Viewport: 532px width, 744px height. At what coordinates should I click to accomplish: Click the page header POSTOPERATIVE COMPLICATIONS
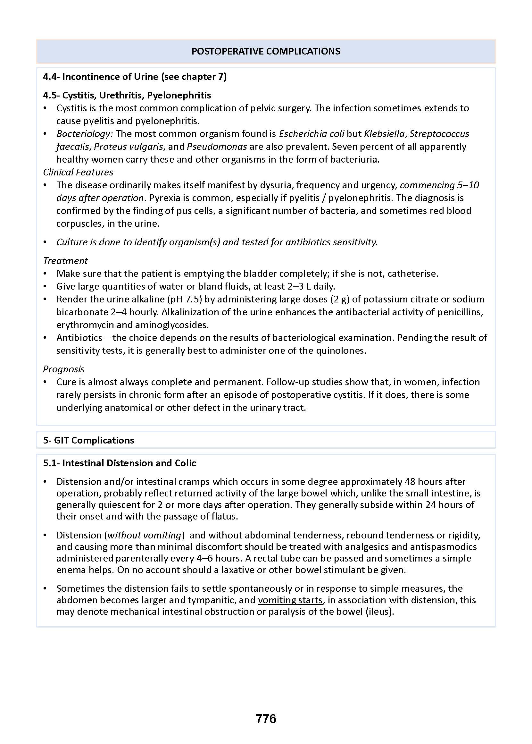click(266, 51)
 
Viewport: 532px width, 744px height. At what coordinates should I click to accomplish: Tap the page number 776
click(266, 718)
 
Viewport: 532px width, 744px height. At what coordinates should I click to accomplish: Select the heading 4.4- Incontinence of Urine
click(135, 77)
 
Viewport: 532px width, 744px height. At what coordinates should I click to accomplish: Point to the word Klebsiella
click(384, 134)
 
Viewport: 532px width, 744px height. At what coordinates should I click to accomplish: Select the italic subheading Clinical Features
click(78, 172)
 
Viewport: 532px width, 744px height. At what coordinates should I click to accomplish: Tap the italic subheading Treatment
click(65, 261)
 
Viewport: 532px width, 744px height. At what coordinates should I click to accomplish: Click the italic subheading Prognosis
click(63, 369)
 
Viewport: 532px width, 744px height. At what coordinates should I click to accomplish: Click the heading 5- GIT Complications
click(88, 440)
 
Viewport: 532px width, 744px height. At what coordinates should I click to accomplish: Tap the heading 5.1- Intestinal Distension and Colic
click(120, 463)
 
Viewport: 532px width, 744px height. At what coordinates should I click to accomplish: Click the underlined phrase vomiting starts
click(290, 600)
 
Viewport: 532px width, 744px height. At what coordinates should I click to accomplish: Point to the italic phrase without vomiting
click(145, 535)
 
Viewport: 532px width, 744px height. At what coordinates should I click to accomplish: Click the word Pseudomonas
click(217, 147)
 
